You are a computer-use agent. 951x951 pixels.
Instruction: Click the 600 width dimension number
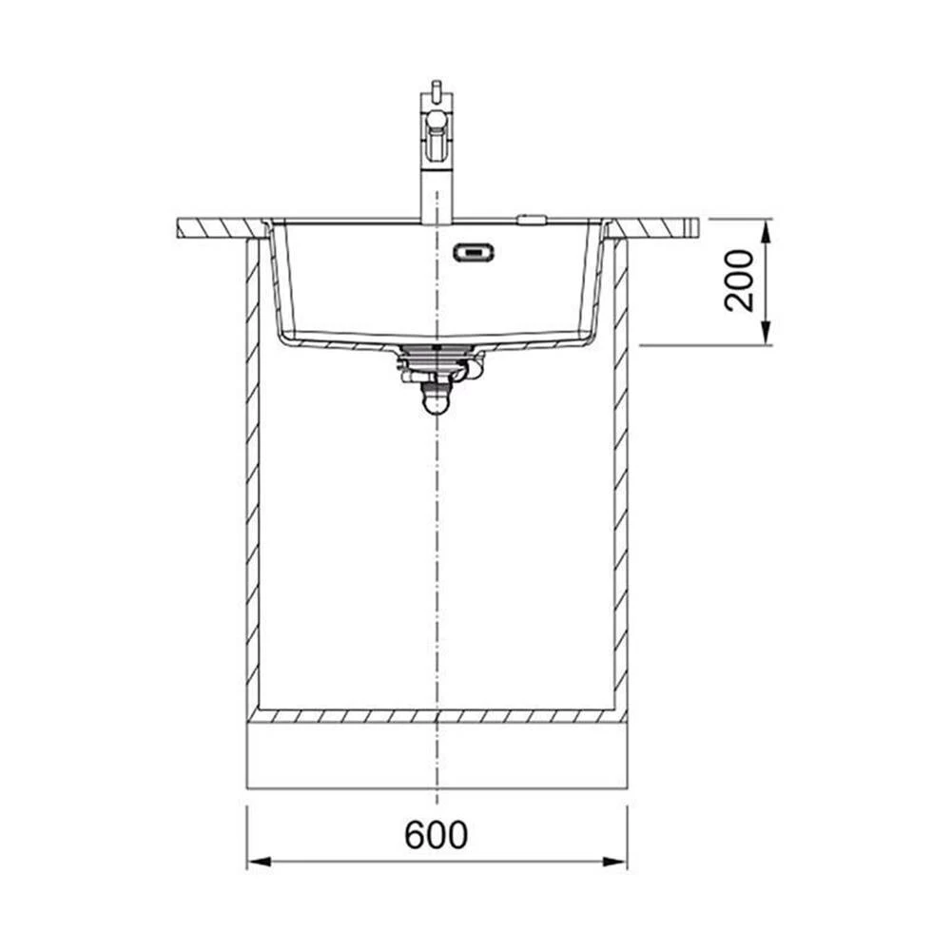coord(437,835)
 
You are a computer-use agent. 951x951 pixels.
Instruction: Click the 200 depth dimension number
coord(739,281)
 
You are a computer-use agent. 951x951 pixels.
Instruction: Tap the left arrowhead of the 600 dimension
coord(260,862)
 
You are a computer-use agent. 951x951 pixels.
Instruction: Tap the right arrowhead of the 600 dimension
coord(613,862)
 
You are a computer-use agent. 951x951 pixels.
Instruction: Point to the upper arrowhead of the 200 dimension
coord(766,231)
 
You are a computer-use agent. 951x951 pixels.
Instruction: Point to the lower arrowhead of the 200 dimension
coord(766,333)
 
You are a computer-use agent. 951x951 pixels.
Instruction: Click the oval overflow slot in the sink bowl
coord(474,252)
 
